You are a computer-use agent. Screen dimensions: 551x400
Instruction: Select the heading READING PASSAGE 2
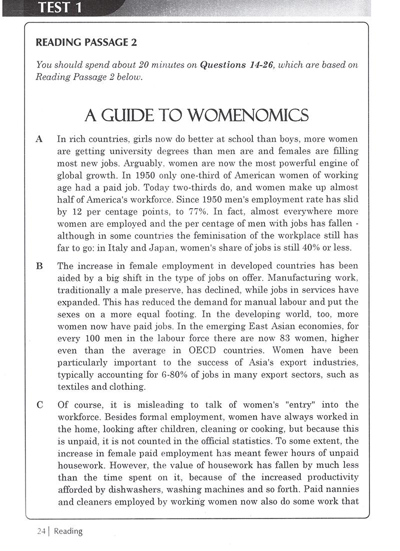pos(86,43)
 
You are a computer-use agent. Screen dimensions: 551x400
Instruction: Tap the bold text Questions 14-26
pos(236,65)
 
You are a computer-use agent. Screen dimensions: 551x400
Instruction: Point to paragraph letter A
pos(39,139)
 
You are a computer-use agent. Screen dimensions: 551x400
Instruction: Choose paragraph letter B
pos(39,266)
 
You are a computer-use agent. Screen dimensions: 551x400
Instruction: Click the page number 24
pos(41,531)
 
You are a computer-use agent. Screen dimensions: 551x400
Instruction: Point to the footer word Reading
pos(68,531)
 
